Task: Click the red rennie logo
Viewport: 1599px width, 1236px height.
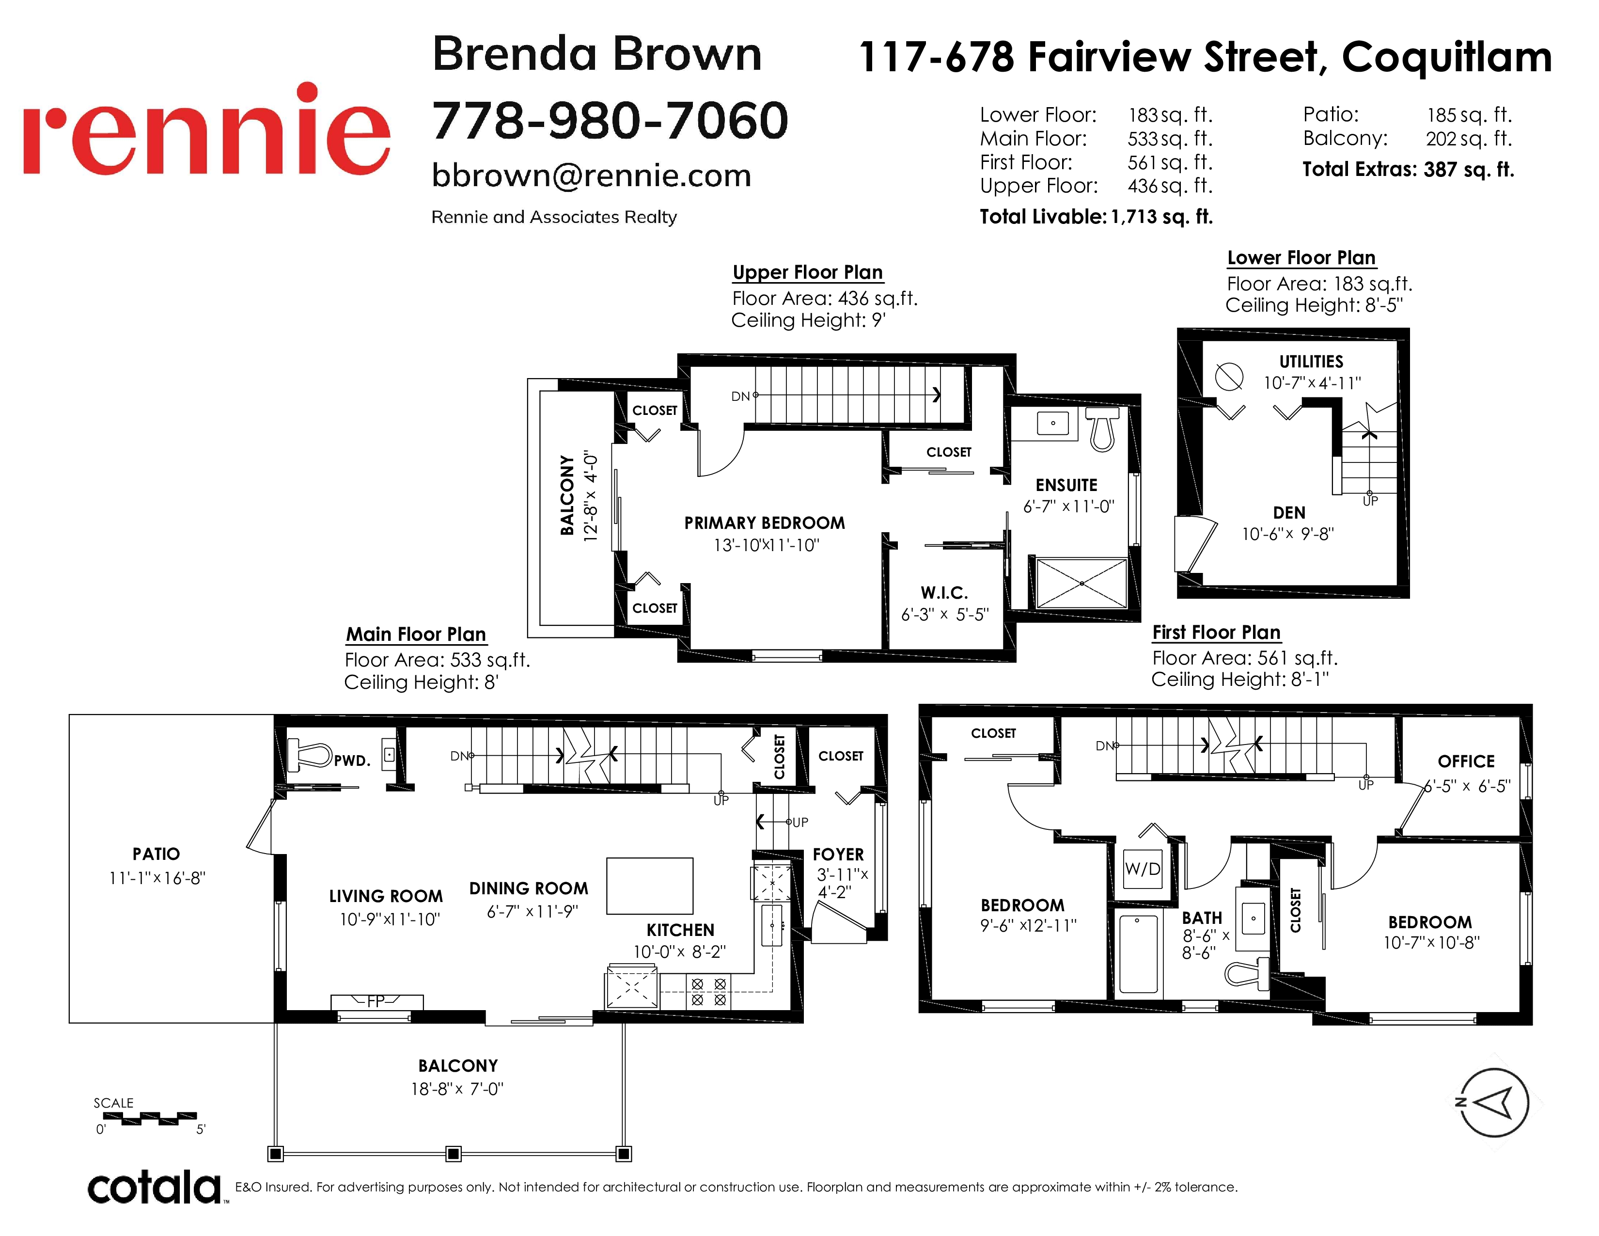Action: pyautogui.click(x=206, y=129)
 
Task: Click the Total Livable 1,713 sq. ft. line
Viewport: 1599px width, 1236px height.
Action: pyautogui.click(x=1096, y=217)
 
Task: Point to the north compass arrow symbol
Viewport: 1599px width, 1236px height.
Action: pyautogui.click(x=1493, y=1102)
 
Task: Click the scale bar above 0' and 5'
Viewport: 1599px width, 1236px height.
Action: pyautogui.click(x=145, y=1118)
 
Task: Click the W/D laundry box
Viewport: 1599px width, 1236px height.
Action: pyautogui.click(x=1143, y=869)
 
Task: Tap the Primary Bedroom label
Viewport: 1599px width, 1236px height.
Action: pyautogui.click(x=764, y=523)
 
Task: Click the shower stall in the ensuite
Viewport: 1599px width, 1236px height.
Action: pyautogui.click(x=1082, y=583)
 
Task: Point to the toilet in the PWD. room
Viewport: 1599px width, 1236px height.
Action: pyautogui.click(x=311, y=754)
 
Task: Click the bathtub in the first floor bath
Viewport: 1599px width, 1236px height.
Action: pyautogui.click(x=1139, y=952)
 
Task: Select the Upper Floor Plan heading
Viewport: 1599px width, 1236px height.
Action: pyautogui.click(x=808, y=272)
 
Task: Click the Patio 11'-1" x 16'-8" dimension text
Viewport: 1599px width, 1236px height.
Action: pyautogui.click(x=157, y=878)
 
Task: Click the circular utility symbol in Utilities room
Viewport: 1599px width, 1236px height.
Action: pyautogui.click(x=1229, y=376)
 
